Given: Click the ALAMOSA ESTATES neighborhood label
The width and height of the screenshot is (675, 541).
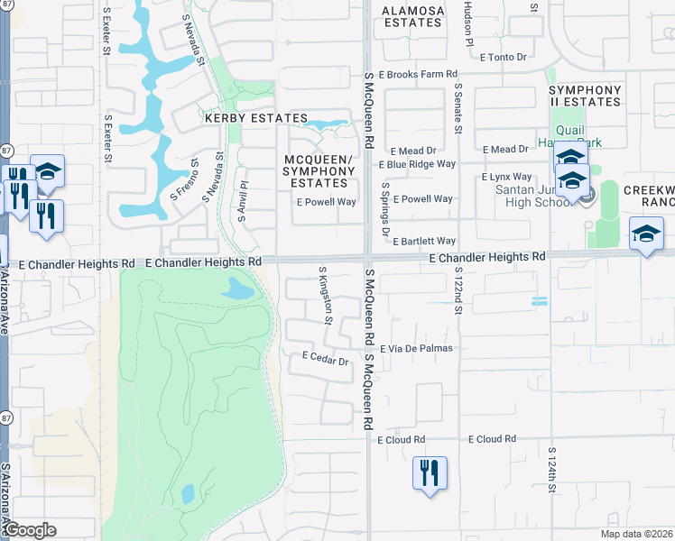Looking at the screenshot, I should pos(414,16).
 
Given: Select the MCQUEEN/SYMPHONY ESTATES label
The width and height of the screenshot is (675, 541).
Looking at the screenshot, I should pos(320,171).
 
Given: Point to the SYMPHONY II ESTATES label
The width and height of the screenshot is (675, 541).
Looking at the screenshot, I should pos(585,96).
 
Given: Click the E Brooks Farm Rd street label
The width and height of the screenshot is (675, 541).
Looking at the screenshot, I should pos(411,75).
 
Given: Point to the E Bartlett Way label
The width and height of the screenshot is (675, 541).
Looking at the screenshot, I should pos(424,242).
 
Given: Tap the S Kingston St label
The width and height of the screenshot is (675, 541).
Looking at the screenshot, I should pos(326,295).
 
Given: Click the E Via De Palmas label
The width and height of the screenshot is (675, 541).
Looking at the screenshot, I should pos(416,348).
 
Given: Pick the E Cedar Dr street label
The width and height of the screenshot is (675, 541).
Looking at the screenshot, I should pos(324,360).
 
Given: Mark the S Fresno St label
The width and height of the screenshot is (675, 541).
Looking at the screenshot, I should pos(184,180).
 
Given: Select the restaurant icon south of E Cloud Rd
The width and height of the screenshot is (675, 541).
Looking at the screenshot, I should pos(429,472).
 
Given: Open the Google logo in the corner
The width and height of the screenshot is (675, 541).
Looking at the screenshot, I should pos(30,530).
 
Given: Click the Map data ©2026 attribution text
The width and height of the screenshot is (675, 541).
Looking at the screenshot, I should pos(636,534).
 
